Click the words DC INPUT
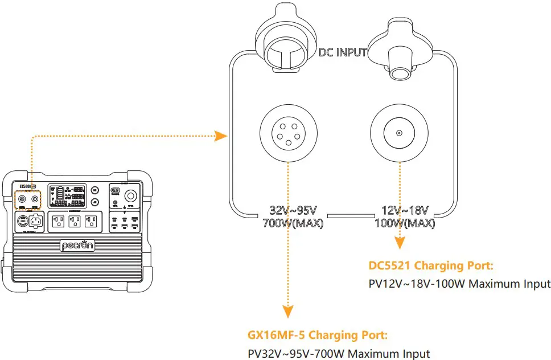point(343,53)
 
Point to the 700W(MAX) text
point(293,223)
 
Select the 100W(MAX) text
point(405,223)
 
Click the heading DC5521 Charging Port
point(431,266)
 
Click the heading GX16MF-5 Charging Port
point(318,335)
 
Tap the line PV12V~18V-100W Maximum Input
point(460,284)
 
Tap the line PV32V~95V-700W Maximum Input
point(339,353)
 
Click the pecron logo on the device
point(77,246)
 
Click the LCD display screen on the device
point(67,196)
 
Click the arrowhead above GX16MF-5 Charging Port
point(289,312)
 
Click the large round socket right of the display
point(130,195)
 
